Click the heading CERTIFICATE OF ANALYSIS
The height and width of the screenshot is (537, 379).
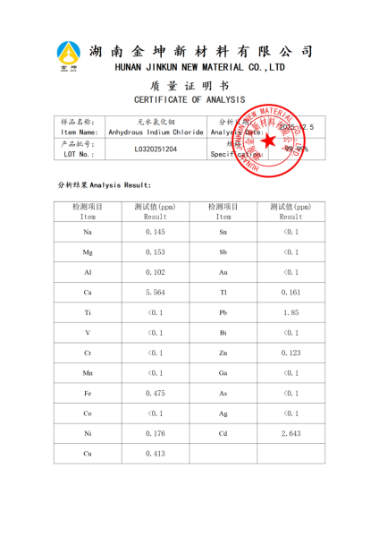(189, 99)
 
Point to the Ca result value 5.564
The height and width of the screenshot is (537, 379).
(156, 293)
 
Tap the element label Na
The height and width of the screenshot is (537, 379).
(88, 232)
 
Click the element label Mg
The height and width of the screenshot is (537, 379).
(88, 252)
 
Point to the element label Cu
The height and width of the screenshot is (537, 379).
(88, 454)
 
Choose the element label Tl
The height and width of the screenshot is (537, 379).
(223, 293)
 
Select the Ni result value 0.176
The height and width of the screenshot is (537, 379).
(156, 433)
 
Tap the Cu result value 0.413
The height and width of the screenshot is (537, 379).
(156, 454)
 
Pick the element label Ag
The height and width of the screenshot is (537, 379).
(223, 413)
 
